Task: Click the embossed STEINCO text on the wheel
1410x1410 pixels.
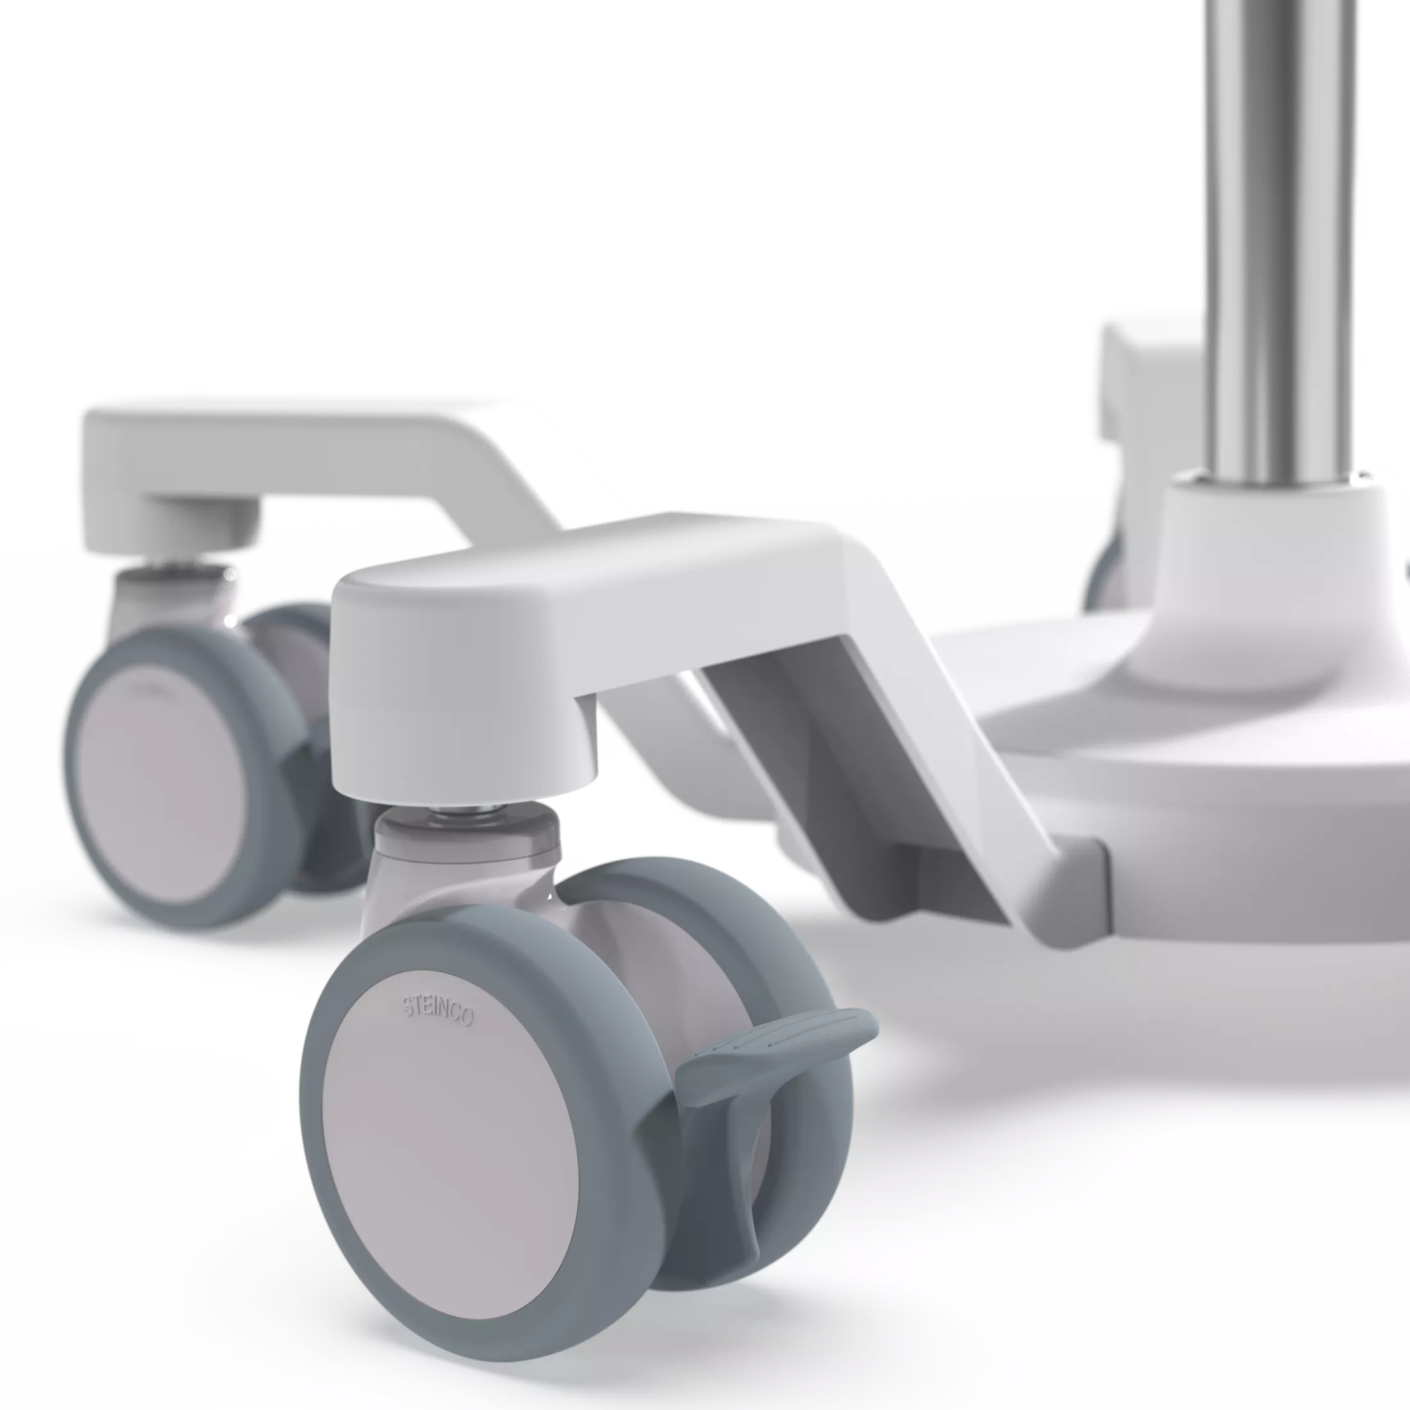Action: tap(438, 1009)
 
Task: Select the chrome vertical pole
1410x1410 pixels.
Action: tap(1280, 241)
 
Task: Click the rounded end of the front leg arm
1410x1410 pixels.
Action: tap(460, 686)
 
